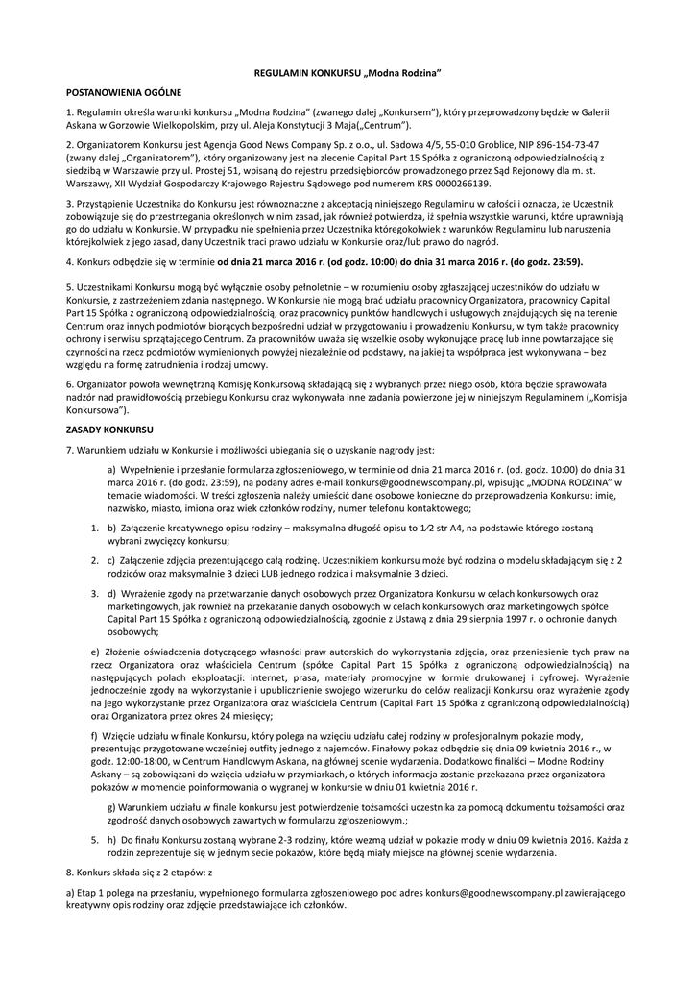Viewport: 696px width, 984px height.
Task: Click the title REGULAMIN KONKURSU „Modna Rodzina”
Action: [348, 73]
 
